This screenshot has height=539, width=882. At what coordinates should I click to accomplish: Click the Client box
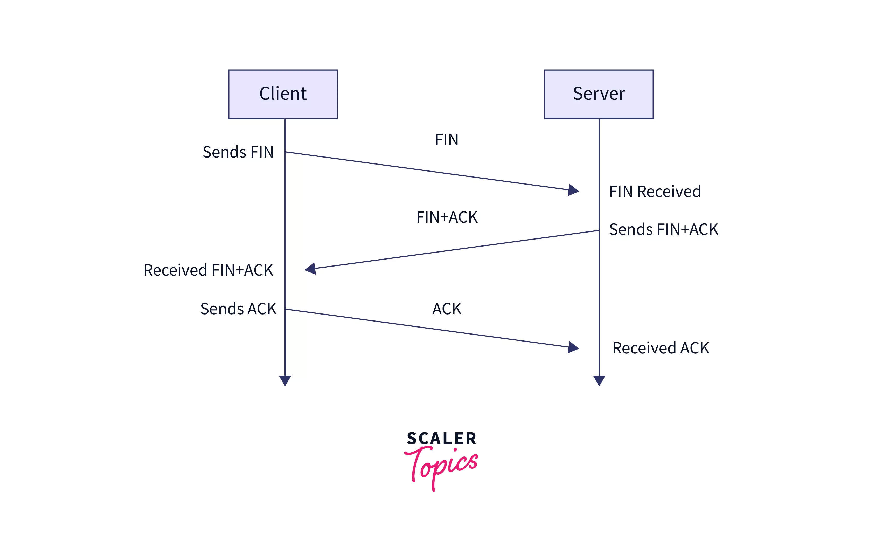tap(283, 94)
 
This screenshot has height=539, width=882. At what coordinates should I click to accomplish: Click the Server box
tap(599, 94)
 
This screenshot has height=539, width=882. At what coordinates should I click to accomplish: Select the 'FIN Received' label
tap(655, 192)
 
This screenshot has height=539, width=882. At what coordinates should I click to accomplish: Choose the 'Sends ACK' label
tap(238, 309)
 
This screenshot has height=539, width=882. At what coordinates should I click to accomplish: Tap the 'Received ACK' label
tap(661, 348)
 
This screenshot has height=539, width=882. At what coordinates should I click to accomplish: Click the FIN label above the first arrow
tap(446, 140)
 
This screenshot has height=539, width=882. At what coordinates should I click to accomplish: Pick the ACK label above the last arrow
tap(447, 309)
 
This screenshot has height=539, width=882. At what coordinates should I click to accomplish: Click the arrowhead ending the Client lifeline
tap(285, 380)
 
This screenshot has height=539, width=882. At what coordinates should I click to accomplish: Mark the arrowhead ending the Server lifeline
tap(599, 380)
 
